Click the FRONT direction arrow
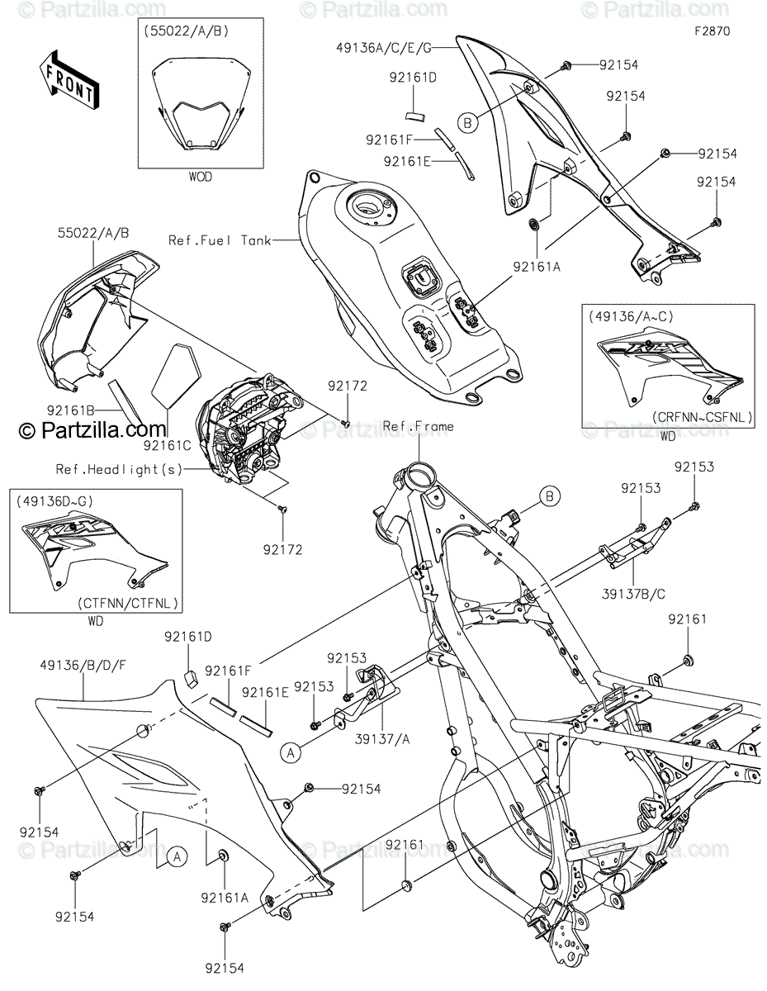(x=69, y=80)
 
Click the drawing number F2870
(x=711, y=32)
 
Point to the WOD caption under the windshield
(x=200, y=177)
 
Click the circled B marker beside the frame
(x=550, y=496)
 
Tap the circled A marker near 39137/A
(x=290, y=752)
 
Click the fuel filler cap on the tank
(x=370, y=204)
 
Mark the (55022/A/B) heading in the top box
(x=183, y=32)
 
